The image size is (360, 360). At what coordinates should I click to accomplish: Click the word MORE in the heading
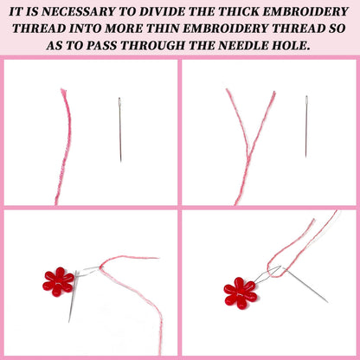(x=124, y=29)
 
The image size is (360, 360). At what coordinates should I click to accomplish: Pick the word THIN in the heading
(x=164, y=29)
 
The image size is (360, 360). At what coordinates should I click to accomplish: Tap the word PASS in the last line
(x=100, y=45)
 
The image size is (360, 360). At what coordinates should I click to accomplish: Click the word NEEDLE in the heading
(x=244, y=45)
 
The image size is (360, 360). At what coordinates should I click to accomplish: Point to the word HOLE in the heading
(x=292, y=45)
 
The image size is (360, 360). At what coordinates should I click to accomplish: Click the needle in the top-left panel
(x=119, y=129)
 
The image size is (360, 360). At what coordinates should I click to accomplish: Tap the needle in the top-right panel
(x=306, y=126)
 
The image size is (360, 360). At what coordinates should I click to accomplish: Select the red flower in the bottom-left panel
(x=58, y=282)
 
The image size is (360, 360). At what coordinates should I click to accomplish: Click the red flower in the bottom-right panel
(x=240, y=293)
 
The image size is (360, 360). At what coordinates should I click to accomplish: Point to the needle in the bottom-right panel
(x=305, y=285)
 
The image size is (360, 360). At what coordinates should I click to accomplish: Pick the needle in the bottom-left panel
(x=73, y=296)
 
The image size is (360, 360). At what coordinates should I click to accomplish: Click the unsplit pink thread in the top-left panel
(x=63, y=146)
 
